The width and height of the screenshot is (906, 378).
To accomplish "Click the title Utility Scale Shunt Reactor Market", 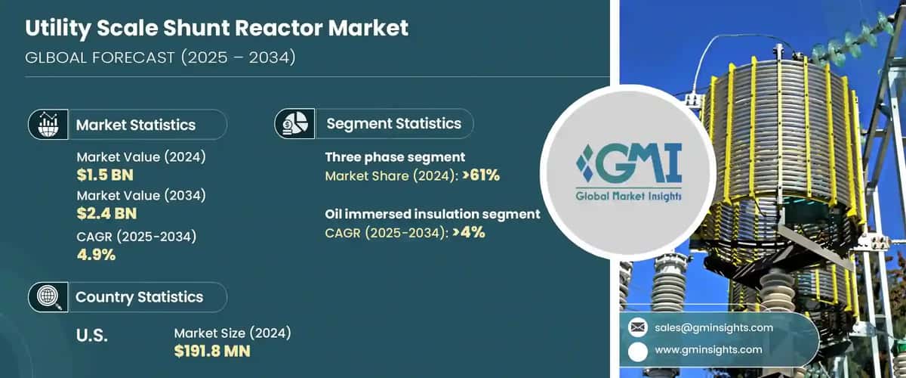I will pyautogui.click(x=217, y=29).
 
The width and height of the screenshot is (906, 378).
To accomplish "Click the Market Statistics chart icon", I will pyautogui.click(x=47, y=124).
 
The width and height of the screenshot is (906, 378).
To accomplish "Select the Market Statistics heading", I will pyautogui.click(x=136, y=125).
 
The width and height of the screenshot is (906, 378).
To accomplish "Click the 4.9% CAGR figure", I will pyautogui.click(x=96, y=254).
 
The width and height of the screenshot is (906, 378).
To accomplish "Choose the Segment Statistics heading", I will pyautogui.click(x=393, y=123).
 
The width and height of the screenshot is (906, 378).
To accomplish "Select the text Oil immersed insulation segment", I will pyautogui.click(x=433, y=214).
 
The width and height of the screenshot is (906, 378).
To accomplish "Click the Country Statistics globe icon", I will pyautogui.click(x=47, y=296).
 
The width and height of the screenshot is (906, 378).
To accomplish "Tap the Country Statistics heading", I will pyautogui.click(x=139, y=297).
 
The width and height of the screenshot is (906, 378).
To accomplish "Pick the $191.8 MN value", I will pyautogui.click(x=212, y=352).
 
